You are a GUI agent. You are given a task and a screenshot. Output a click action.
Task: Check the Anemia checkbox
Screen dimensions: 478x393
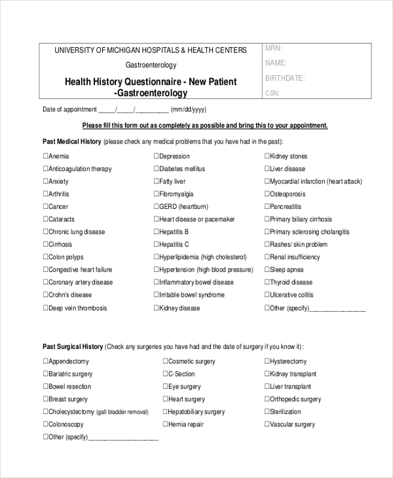46,156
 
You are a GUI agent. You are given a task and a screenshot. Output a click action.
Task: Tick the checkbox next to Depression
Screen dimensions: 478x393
157,156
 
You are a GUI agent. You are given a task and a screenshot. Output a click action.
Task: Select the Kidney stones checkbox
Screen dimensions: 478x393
267,156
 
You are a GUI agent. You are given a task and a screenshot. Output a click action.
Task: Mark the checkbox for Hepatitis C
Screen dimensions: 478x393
157,244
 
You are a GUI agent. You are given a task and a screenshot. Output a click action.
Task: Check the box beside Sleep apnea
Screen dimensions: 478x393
267,270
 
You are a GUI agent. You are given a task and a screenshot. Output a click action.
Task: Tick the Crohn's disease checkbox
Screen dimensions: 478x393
46,295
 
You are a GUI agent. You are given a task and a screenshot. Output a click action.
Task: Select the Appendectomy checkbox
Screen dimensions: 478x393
46,361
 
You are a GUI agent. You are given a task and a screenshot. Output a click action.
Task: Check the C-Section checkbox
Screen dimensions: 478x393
165,374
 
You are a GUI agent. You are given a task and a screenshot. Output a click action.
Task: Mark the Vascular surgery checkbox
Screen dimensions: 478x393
267,424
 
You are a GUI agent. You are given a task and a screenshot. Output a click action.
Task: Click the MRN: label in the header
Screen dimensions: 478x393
273,49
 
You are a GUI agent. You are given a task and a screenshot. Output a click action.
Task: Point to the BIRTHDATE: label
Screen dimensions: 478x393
285,78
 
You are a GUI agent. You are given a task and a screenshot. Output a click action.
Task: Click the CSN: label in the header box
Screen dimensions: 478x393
272,93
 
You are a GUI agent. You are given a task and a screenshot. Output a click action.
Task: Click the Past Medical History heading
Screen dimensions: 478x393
71,141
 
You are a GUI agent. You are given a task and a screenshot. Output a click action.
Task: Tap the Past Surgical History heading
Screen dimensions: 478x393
73,346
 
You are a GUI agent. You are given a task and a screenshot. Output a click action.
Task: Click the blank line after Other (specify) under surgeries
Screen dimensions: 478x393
123,437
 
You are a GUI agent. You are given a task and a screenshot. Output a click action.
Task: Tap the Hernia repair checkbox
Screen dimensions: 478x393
165,424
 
